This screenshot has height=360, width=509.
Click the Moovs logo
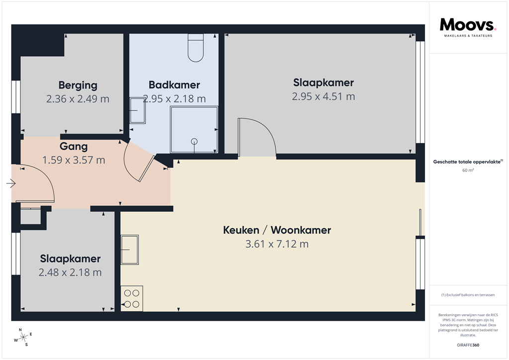click(468, 25)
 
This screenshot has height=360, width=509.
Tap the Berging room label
click(78, 85)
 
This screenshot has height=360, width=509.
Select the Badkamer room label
click(174, 85)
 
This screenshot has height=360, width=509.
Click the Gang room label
click(74, 147)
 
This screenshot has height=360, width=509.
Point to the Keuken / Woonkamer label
click(277, 230)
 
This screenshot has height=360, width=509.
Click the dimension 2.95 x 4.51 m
click(323, 96)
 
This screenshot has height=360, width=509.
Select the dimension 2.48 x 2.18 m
click(70, 272)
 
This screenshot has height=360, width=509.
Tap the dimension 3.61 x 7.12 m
click(277, 244)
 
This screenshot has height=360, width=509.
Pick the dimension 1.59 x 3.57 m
click(74, 160)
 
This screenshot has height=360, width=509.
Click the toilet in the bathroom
click(196, 48)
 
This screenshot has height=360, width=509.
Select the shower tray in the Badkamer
click(194, 129)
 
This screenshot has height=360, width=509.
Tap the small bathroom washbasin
click(137, 110)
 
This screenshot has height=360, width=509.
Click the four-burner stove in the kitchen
click(132, 298)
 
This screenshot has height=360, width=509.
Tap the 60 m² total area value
click(468, 170)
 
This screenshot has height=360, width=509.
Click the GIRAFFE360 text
click(468, 345)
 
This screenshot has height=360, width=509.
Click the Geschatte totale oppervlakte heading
click(468, 162)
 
